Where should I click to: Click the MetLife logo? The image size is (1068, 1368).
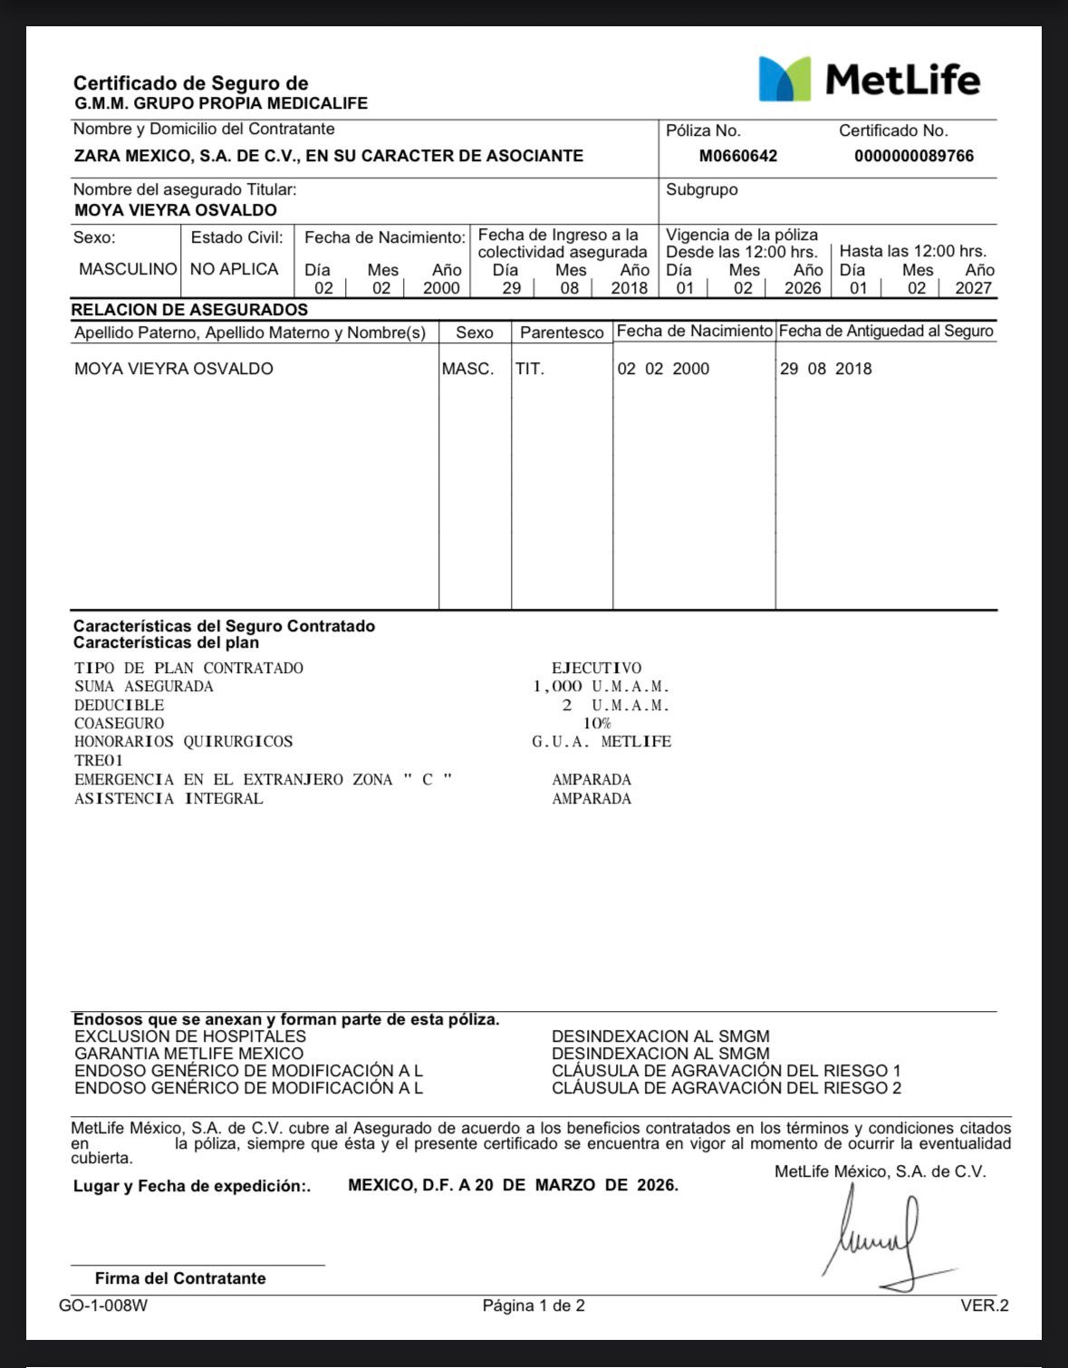[869, 79]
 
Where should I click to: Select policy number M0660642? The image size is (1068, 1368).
[737, 156]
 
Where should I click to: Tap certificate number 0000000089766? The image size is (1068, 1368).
[913, 156]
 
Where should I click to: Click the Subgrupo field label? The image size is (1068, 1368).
[701, 189]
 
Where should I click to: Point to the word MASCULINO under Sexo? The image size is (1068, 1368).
[128, 269]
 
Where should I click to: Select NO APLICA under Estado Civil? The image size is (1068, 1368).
[234, 269]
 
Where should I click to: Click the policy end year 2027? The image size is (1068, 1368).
[973, 288]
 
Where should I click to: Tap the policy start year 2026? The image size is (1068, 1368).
[802, 288]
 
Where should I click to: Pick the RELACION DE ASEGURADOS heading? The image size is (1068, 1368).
[189, 310]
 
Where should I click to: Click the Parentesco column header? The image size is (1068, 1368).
[562, 332]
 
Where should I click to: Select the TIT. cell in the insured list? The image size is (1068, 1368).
[530, 369]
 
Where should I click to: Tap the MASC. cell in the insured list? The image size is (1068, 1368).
[467, 369]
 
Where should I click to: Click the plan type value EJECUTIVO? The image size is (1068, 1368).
[596, 668]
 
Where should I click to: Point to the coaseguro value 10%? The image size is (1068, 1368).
[596, 723]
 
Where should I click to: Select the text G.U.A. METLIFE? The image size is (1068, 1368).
[601, 741]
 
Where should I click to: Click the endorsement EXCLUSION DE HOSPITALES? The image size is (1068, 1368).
[190, 1036]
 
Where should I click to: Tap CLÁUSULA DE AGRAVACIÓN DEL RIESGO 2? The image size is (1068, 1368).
[726, 1088]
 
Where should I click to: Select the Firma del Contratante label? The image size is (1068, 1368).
[180, 1278]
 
